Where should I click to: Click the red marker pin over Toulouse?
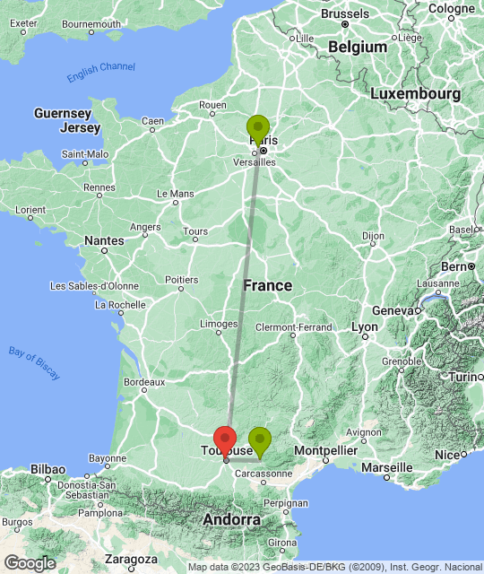(225, 440)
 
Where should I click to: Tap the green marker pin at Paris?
(258, 131)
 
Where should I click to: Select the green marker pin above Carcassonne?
(259, 441)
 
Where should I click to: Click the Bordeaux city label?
(144, 382)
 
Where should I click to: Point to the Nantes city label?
(104, 240)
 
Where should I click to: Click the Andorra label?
(231, 520)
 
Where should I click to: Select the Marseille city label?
(387, 467)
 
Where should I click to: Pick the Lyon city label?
(364, 327)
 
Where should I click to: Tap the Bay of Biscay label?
(32, 355)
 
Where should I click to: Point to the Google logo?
(29, 562)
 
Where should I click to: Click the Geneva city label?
(392, 310)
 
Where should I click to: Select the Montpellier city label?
(326, 448)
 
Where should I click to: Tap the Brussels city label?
(344, 14)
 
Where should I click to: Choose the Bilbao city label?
(47, 469)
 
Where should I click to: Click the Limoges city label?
(219, 324)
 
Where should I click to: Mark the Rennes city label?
(99, 189)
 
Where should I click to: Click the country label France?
(268, 285)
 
